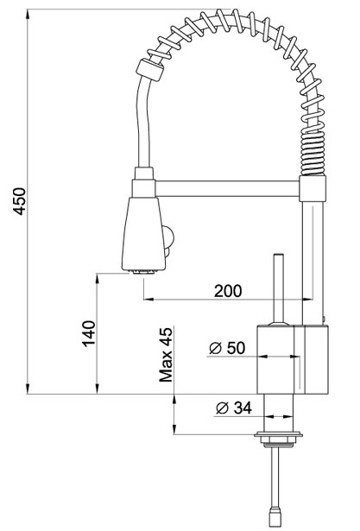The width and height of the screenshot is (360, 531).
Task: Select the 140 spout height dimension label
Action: tap(87, 332)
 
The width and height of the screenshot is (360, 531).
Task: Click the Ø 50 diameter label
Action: tap(228, 348)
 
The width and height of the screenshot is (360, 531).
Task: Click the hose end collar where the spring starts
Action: tap(149, 71)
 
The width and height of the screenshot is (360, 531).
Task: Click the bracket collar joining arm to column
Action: tap(312, 188)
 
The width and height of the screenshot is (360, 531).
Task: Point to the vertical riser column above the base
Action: tap(312, 259)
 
